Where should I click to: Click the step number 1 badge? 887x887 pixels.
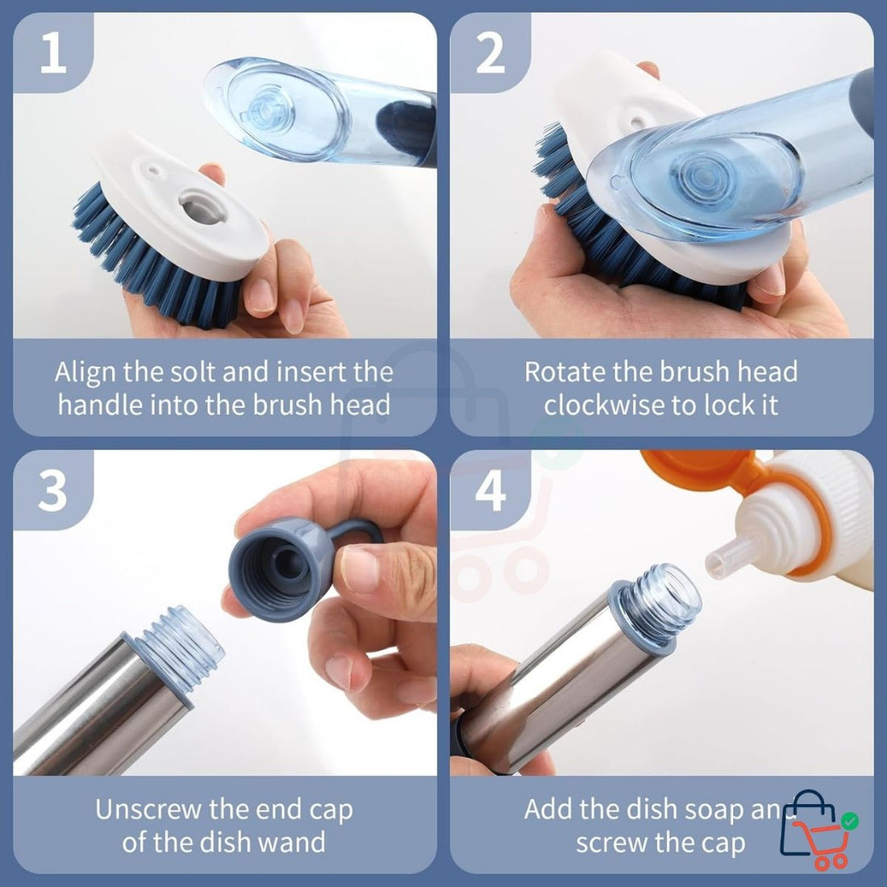coord(52,52)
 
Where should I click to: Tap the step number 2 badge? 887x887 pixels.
coord(489,52)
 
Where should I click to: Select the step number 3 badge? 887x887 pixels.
coord(52,489)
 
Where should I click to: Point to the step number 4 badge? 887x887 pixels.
coord(489,489)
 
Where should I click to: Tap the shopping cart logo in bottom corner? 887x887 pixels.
coord(816,831)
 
